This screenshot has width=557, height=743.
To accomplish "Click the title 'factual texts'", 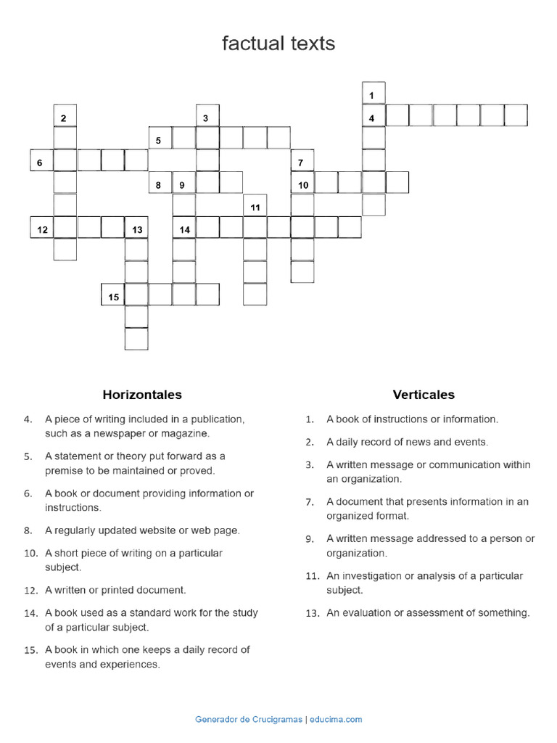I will click(278, 44).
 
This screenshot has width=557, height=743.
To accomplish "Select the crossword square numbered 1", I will click(374, 94).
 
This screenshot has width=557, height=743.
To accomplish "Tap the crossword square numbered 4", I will click(374, 116).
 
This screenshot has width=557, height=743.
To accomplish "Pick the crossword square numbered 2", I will click(65, 116).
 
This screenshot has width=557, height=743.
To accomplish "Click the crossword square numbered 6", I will click(41, 161).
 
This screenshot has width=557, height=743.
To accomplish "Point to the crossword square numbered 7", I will click(302, 161).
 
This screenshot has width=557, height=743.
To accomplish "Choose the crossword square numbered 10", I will click(302, 184).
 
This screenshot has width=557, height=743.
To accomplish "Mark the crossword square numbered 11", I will click(255, 206).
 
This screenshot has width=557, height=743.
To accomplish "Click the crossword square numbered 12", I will click(41, 229).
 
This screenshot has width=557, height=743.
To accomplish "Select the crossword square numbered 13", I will click(136, 229).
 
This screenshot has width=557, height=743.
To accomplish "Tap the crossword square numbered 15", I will click(112, 295).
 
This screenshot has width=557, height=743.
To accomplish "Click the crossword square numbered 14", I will click(184, 229).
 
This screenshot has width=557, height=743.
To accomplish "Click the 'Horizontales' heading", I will click(142, 395).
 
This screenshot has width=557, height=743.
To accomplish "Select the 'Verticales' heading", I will click(424, 395).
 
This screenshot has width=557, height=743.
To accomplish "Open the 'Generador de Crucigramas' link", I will click(249, 719).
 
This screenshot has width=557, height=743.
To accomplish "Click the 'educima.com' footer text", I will click(336, 719).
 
